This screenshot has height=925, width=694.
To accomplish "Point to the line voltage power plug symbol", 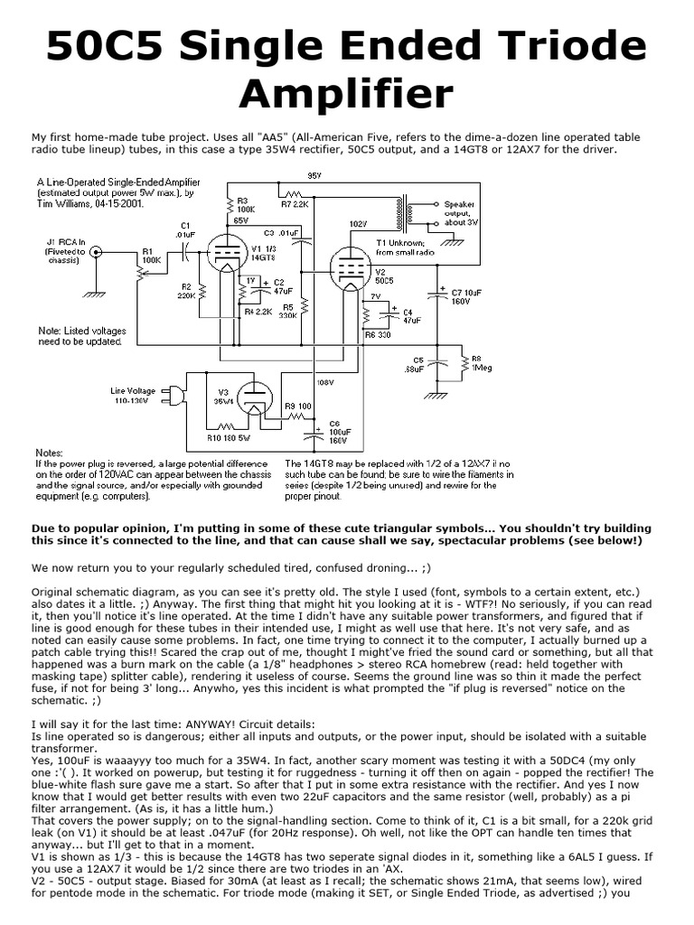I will pos(177,395).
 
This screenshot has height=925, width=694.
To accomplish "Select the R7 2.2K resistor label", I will pos(294,205).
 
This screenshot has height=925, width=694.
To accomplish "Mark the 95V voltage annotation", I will pos(314,174).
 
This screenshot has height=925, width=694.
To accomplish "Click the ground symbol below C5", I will pos(436,394).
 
